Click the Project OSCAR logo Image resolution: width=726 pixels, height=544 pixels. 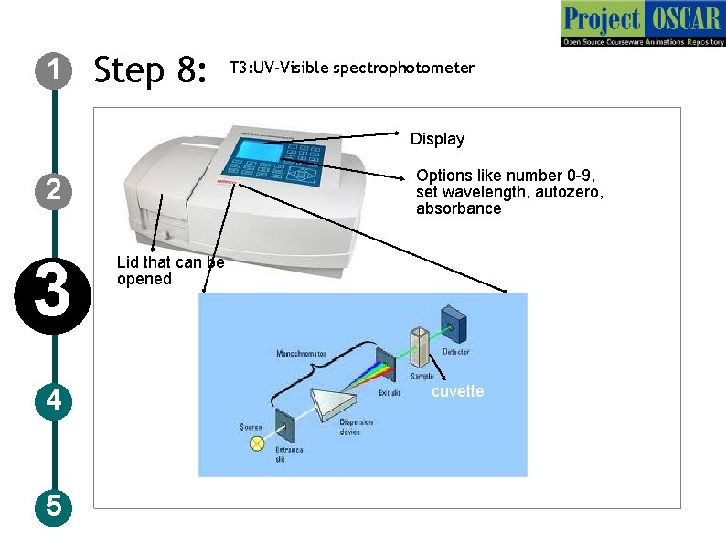click(642, 24)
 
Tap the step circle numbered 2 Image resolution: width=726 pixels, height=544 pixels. click(55, 190)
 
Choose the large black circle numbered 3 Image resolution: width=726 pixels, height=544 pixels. click(55, 300)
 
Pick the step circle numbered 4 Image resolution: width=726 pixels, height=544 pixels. click(55, 400)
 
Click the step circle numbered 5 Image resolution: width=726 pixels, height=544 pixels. click(55, 505)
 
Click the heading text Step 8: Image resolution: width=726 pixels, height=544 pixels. click(151, 69)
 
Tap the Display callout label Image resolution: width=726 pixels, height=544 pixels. click(437, 139)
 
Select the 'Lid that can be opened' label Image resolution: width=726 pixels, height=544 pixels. click(169, 271)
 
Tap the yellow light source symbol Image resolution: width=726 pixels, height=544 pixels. click(258, 444)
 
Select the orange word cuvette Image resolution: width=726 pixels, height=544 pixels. click(457, 391)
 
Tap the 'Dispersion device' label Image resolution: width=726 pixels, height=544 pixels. click(356, 428)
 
